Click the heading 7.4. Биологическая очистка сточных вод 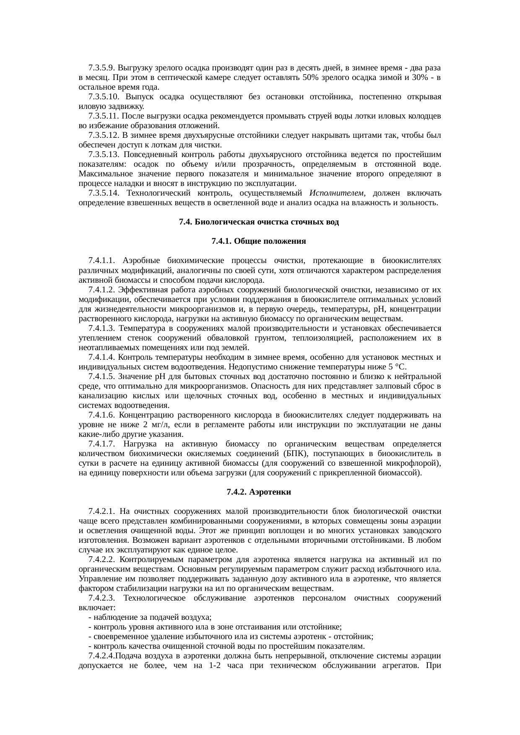[x=259, y=222]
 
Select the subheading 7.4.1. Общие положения [x=259, y=242]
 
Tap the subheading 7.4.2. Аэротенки [x=259, y=493]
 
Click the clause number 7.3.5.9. [x=101, y=68]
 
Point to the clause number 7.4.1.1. [x=101, y=261]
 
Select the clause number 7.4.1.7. [x=101, y=444]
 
